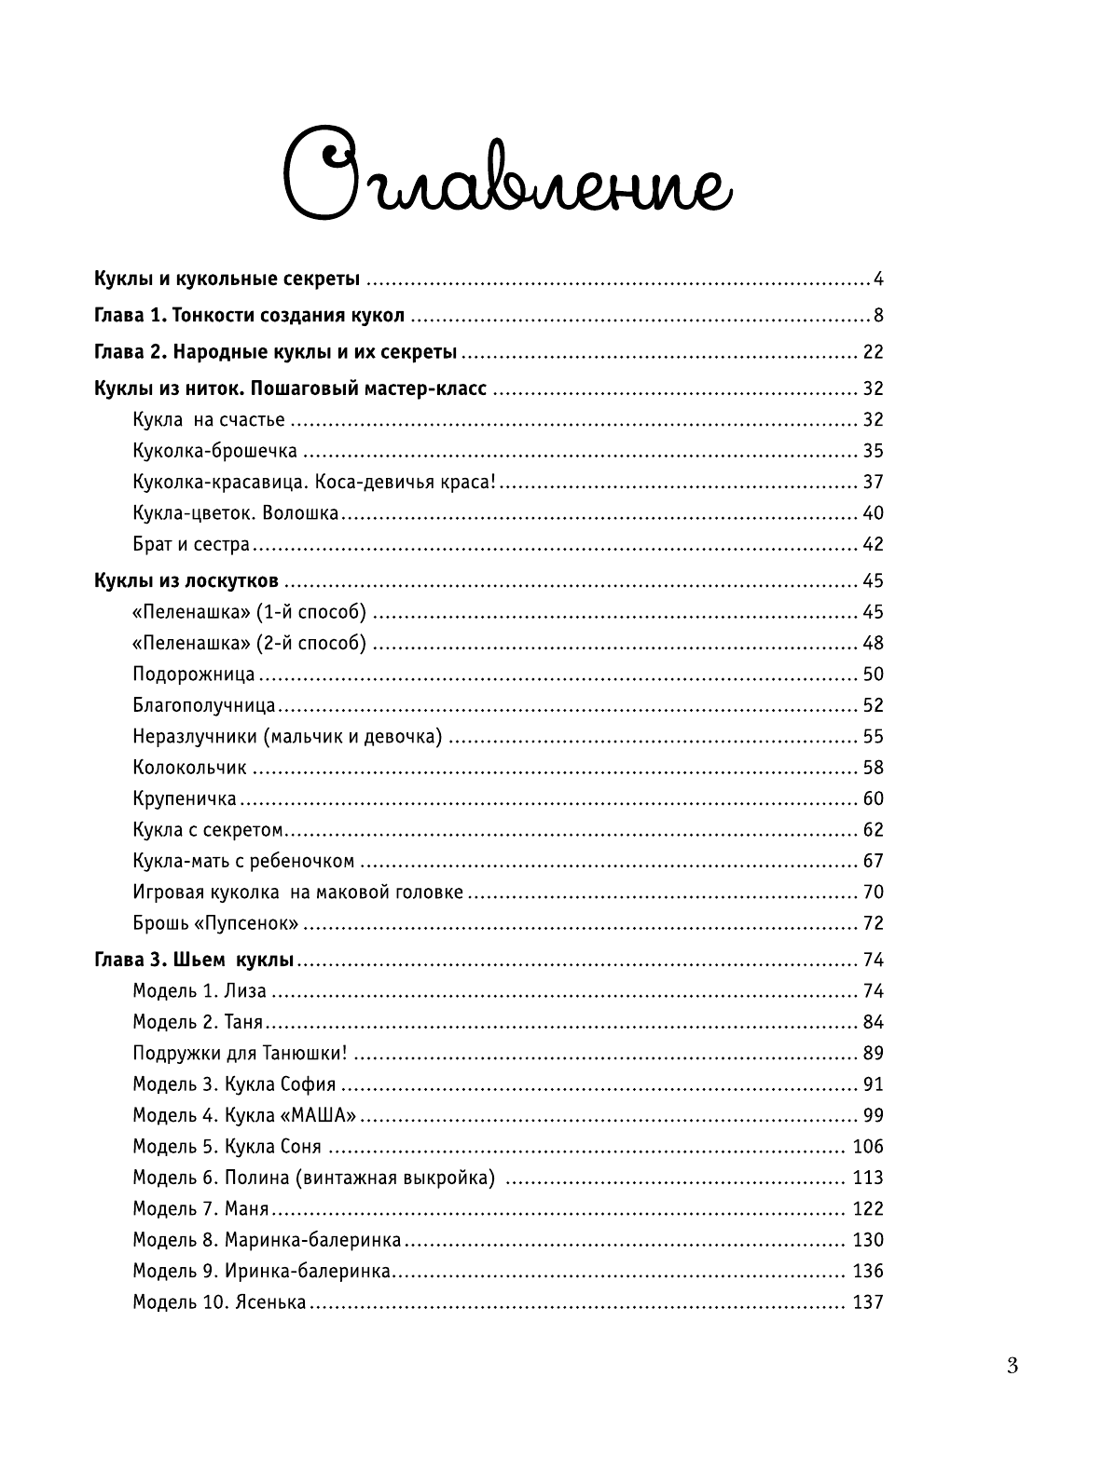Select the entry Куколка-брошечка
[x=215, y=452]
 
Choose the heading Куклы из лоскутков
[x=186, y=581]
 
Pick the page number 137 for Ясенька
[x=867, y=1302]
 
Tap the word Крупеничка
[x=185, y=799]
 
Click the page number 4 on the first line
[x=877, y=279]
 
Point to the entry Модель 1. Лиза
[x=200, y=991]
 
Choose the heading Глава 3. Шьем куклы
[x=195, y=961]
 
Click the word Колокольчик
[x=190, y=769]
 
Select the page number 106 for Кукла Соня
[x=867, y=1147]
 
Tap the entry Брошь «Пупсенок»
[x=216, y=924]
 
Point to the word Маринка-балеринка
[x=313, y=1240]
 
